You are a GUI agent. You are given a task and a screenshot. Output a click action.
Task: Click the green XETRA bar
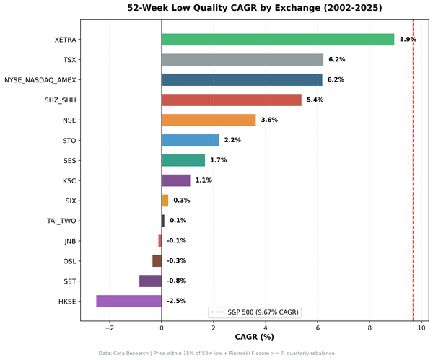[x=278, y=40]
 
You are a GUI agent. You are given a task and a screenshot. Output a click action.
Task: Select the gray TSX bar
[x=242, y=60]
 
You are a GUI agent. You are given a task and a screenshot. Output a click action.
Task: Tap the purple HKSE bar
[x=128, y=301]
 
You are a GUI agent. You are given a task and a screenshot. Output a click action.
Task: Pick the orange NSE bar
[x=209, y=120]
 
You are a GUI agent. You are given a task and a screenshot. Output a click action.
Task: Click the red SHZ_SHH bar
[x=231, y=100]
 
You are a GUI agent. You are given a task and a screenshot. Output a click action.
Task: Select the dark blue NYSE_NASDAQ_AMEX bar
[x=242, y=80]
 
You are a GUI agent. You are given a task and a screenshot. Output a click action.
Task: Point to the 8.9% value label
[x=408, y=40]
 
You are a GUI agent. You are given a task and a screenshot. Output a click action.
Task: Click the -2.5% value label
[x=176, y=301]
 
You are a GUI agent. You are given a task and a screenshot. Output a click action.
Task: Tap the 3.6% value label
[x=269, y=120]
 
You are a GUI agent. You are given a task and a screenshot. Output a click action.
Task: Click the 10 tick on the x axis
[x=421, y=328]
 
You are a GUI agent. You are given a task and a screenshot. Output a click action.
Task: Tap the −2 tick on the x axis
[x=109, y=328]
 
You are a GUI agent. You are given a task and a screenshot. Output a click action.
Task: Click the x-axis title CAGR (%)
[x=255, y=338]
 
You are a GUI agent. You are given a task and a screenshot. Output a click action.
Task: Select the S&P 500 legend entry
[x=255, y=312]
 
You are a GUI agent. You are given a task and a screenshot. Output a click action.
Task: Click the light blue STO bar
[x=190, y=140]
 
